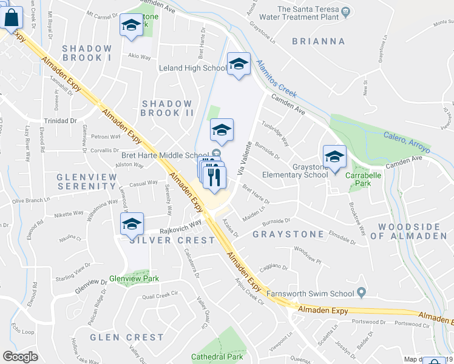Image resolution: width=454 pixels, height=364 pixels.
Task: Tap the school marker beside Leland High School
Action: click(239, 64)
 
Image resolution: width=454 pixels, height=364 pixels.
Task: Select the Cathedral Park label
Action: click(217, 357)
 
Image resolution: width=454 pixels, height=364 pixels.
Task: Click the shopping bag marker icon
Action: click(12, 18)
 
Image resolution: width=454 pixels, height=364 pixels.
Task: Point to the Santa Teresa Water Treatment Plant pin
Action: click(345, 10)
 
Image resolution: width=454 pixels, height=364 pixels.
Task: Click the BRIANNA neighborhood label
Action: click(318, 41)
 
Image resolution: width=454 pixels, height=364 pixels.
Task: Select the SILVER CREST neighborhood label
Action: click(172, 240)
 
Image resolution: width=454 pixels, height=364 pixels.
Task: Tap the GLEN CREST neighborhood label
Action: click(127, 337)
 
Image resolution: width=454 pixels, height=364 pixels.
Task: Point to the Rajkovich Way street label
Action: click(180, 226)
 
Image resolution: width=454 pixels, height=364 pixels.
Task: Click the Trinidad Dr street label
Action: click(59, 120)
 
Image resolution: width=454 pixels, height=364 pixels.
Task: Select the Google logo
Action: click(20, 357)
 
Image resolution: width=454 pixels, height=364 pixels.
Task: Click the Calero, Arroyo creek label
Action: click(406, 142)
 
